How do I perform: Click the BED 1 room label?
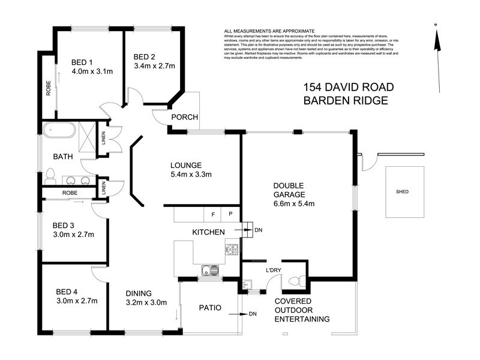point(82,62)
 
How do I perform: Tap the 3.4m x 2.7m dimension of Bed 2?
point(154,66)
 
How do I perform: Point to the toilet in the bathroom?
point(50,175)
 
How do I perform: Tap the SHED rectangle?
point(402,192)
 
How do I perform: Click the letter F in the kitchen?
point(212,214)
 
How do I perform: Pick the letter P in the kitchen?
point(230,214)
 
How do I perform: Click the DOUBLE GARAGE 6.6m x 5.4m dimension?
point(294,203)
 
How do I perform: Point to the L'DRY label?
point(274,270)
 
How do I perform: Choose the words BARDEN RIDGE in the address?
point(345,101)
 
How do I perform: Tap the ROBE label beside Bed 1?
point(48,88)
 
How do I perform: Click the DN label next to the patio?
point(252,314)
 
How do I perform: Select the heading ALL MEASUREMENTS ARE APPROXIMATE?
point(269,31)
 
